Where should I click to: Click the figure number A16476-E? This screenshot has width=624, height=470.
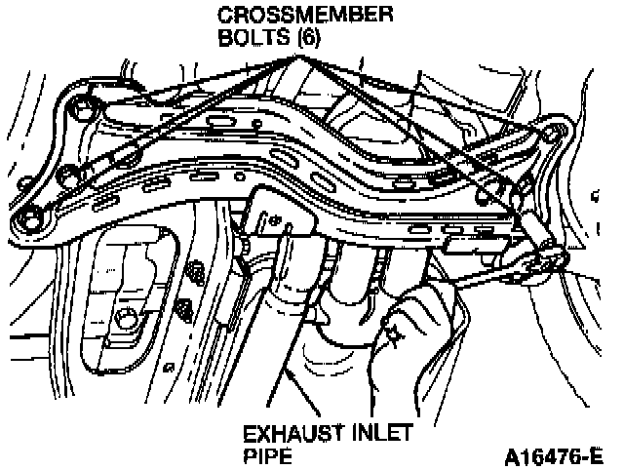click(553, 455)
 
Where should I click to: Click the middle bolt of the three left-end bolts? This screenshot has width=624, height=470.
click(69, 174)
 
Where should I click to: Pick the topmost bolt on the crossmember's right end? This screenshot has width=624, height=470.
click(556, 130)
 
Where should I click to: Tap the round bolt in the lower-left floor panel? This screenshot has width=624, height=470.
click(126, 319)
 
